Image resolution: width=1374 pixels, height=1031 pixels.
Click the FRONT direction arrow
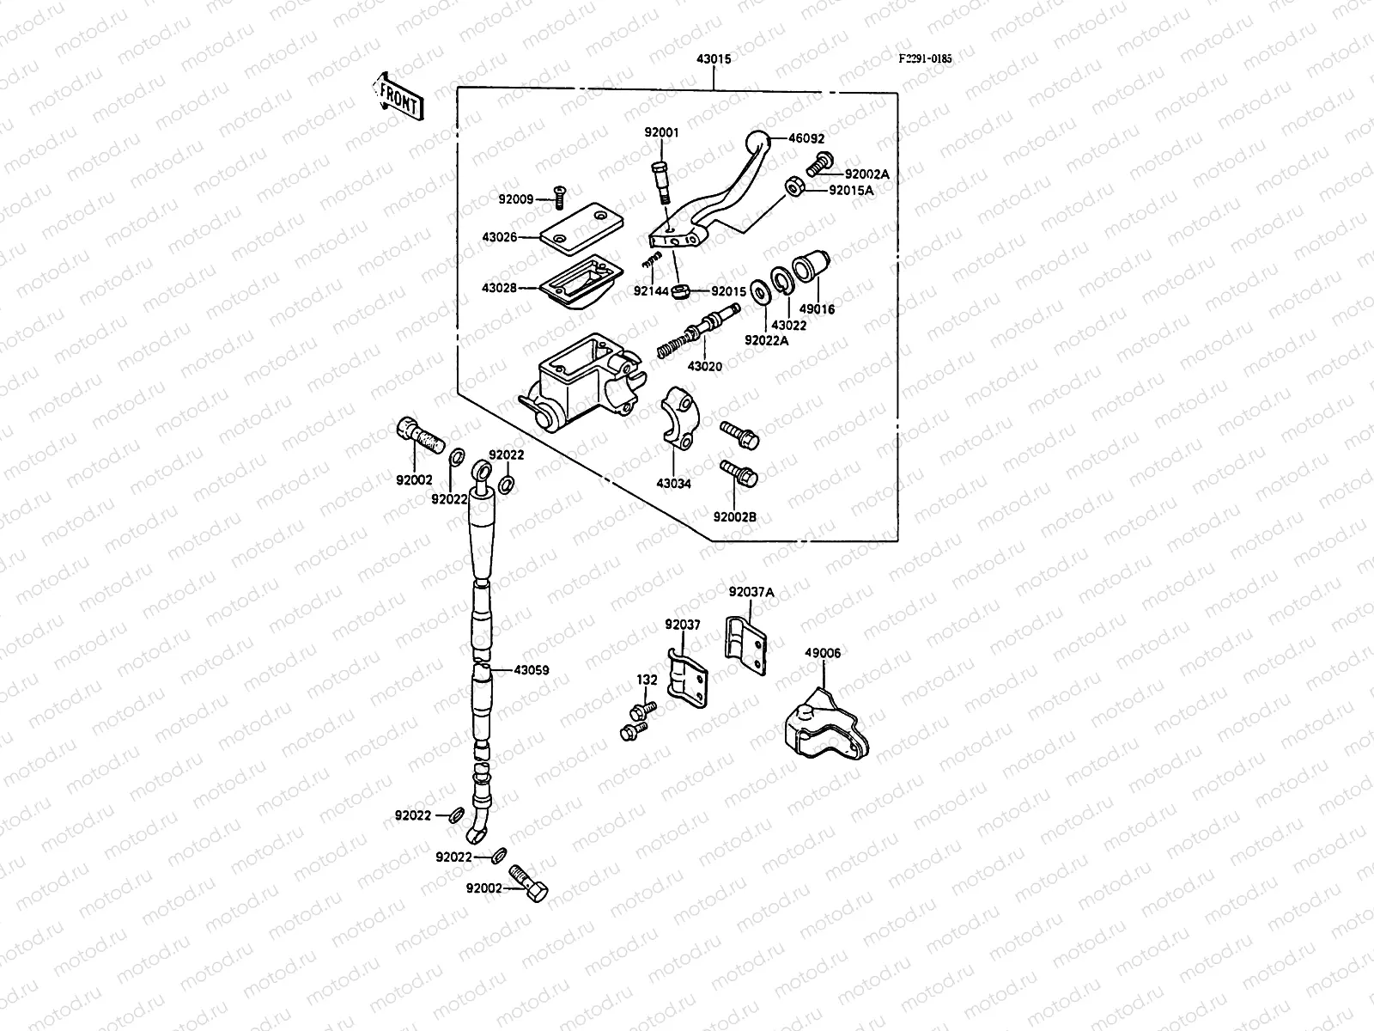(x=396, y=95)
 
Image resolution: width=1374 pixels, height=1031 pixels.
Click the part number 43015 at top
(x=713, y=59)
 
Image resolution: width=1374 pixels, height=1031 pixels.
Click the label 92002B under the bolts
(x=735, y=517)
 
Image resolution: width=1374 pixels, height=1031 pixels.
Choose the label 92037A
(x=751, y=592)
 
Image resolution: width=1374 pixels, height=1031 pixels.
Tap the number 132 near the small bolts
(x=647, y=680)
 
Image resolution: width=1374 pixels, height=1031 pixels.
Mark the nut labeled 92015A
(x=795, y=186)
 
